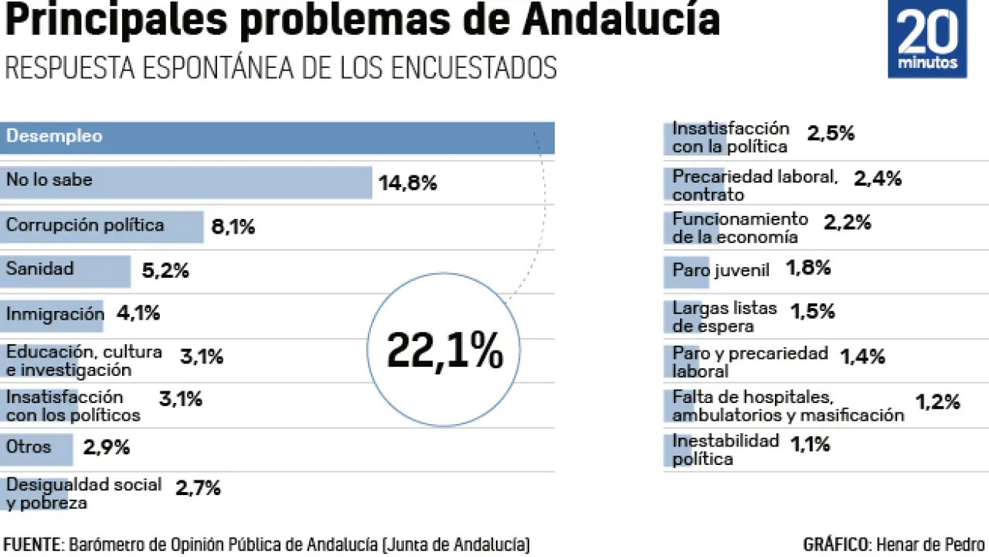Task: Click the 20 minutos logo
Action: point(927,39)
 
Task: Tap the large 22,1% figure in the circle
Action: point(444,350)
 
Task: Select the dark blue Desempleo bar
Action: point(277,138)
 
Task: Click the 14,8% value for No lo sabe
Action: point(407,183)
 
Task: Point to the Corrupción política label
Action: point(85,225)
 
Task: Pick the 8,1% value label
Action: point(233,227)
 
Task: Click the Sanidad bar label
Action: point(40,269)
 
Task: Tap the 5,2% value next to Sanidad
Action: point(165,271)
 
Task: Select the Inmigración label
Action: point(55,314)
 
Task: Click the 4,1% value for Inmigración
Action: point(138,313)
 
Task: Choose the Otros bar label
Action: point(29,446)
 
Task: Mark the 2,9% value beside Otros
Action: point(107,447)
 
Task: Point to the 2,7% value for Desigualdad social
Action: point(198,488)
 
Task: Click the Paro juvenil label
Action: point(721,270)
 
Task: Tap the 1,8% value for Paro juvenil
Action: point(808,268)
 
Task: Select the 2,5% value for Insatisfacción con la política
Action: point(831,133)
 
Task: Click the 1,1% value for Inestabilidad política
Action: point(810,444)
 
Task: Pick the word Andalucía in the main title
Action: point(621,21)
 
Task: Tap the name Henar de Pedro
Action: point(930,544)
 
